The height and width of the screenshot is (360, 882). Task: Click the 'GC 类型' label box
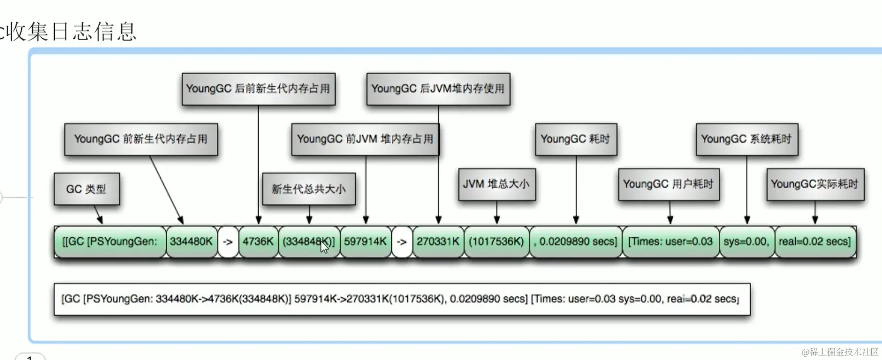pyautogui.click(x=86, y=189)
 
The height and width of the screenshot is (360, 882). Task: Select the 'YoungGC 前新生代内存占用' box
pyautogui.click(x=141, y=139)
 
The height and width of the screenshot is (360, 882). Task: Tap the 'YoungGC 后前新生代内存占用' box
pyautogui.click(x=258, y=89)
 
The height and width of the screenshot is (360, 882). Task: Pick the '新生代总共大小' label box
pyautogui.click(x=309, y=189)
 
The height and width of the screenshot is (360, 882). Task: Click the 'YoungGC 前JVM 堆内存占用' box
pyautogui.click(x=365, y=139)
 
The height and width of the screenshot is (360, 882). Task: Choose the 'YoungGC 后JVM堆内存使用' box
pyautogui.click(x=438, y=89)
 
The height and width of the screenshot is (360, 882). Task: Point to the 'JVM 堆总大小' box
pyautogui.click(x=496, y=184)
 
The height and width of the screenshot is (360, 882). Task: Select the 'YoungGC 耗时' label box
pyautogui.click(x=575, y=139)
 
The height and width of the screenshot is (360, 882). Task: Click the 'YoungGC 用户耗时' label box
pyautogui.click(x=668, y=184)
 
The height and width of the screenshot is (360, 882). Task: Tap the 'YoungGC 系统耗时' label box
pyautogui.click(x=746, y=139)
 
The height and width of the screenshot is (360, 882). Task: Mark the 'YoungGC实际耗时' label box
pyautogui.click(x=815, y=184)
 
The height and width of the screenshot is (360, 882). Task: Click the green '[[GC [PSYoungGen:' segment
pyautogui.click(x=110, y=241)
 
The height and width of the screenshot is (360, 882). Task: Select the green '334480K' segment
pyautogui.click(x=191, y=241)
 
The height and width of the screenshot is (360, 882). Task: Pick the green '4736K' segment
pyautogui.click(x=258, y=241)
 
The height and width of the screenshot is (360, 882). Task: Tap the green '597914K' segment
pyautogui.click(x=365, y=241)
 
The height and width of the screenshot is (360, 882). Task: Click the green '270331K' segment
pyautogui.click(x=438, y=241)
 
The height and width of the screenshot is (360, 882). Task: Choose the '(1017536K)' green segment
pyautogui.click(x=496, y=241)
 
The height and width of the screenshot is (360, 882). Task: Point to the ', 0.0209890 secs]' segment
pyautogui.click(x=575, y=241)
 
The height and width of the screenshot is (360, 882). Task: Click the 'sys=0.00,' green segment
pyautogui.click(x=746, y=241)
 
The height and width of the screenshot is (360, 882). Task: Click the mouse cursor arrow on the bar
pyautogui.click(x=324, y=247)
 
